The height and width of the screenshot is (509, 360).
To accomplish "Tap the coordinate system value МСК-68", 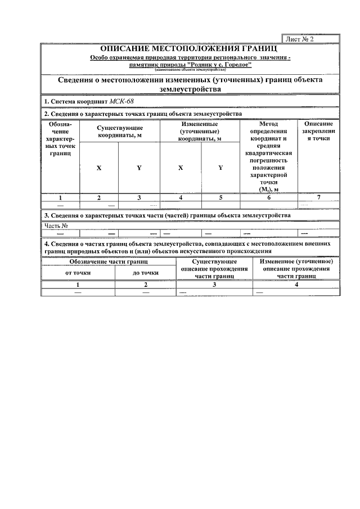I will pos(122,101).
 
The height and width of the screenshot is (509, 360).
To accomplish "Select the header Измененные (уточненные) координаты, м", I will pos(200,131).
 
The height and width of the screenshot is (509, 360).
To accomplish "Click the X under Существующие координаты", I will pos(99,168).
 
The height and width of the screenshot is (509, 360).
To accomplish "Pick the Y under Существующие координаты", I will pos(139,168).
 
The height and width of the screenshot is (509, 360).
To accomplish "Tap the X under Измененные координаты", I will pos(181,168).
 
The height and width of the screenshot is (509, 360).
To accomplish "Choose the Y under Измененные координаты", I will pos(220,168).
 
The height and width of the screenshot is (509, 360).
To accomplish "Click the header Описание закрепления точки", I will pos(318,131).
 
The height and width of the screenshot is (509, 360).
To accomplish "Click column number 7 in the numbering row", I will pos(318,197).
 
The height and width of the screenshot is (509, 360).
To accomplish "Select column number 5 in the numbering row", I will pos(220,197).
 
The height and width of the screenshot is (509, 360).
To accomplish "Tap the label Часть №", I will pos(57,226).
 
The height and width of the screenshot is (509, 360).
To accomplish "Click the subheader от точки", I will pos(78,272).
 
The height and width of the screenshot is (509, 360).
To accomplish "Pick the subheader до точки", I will pos(145,272).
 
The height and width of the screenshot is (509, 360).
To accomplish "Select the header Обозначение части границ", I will pos(109,262).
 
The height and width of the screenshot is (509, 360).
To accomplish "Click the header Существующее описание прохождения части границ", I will pos(214,269).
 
